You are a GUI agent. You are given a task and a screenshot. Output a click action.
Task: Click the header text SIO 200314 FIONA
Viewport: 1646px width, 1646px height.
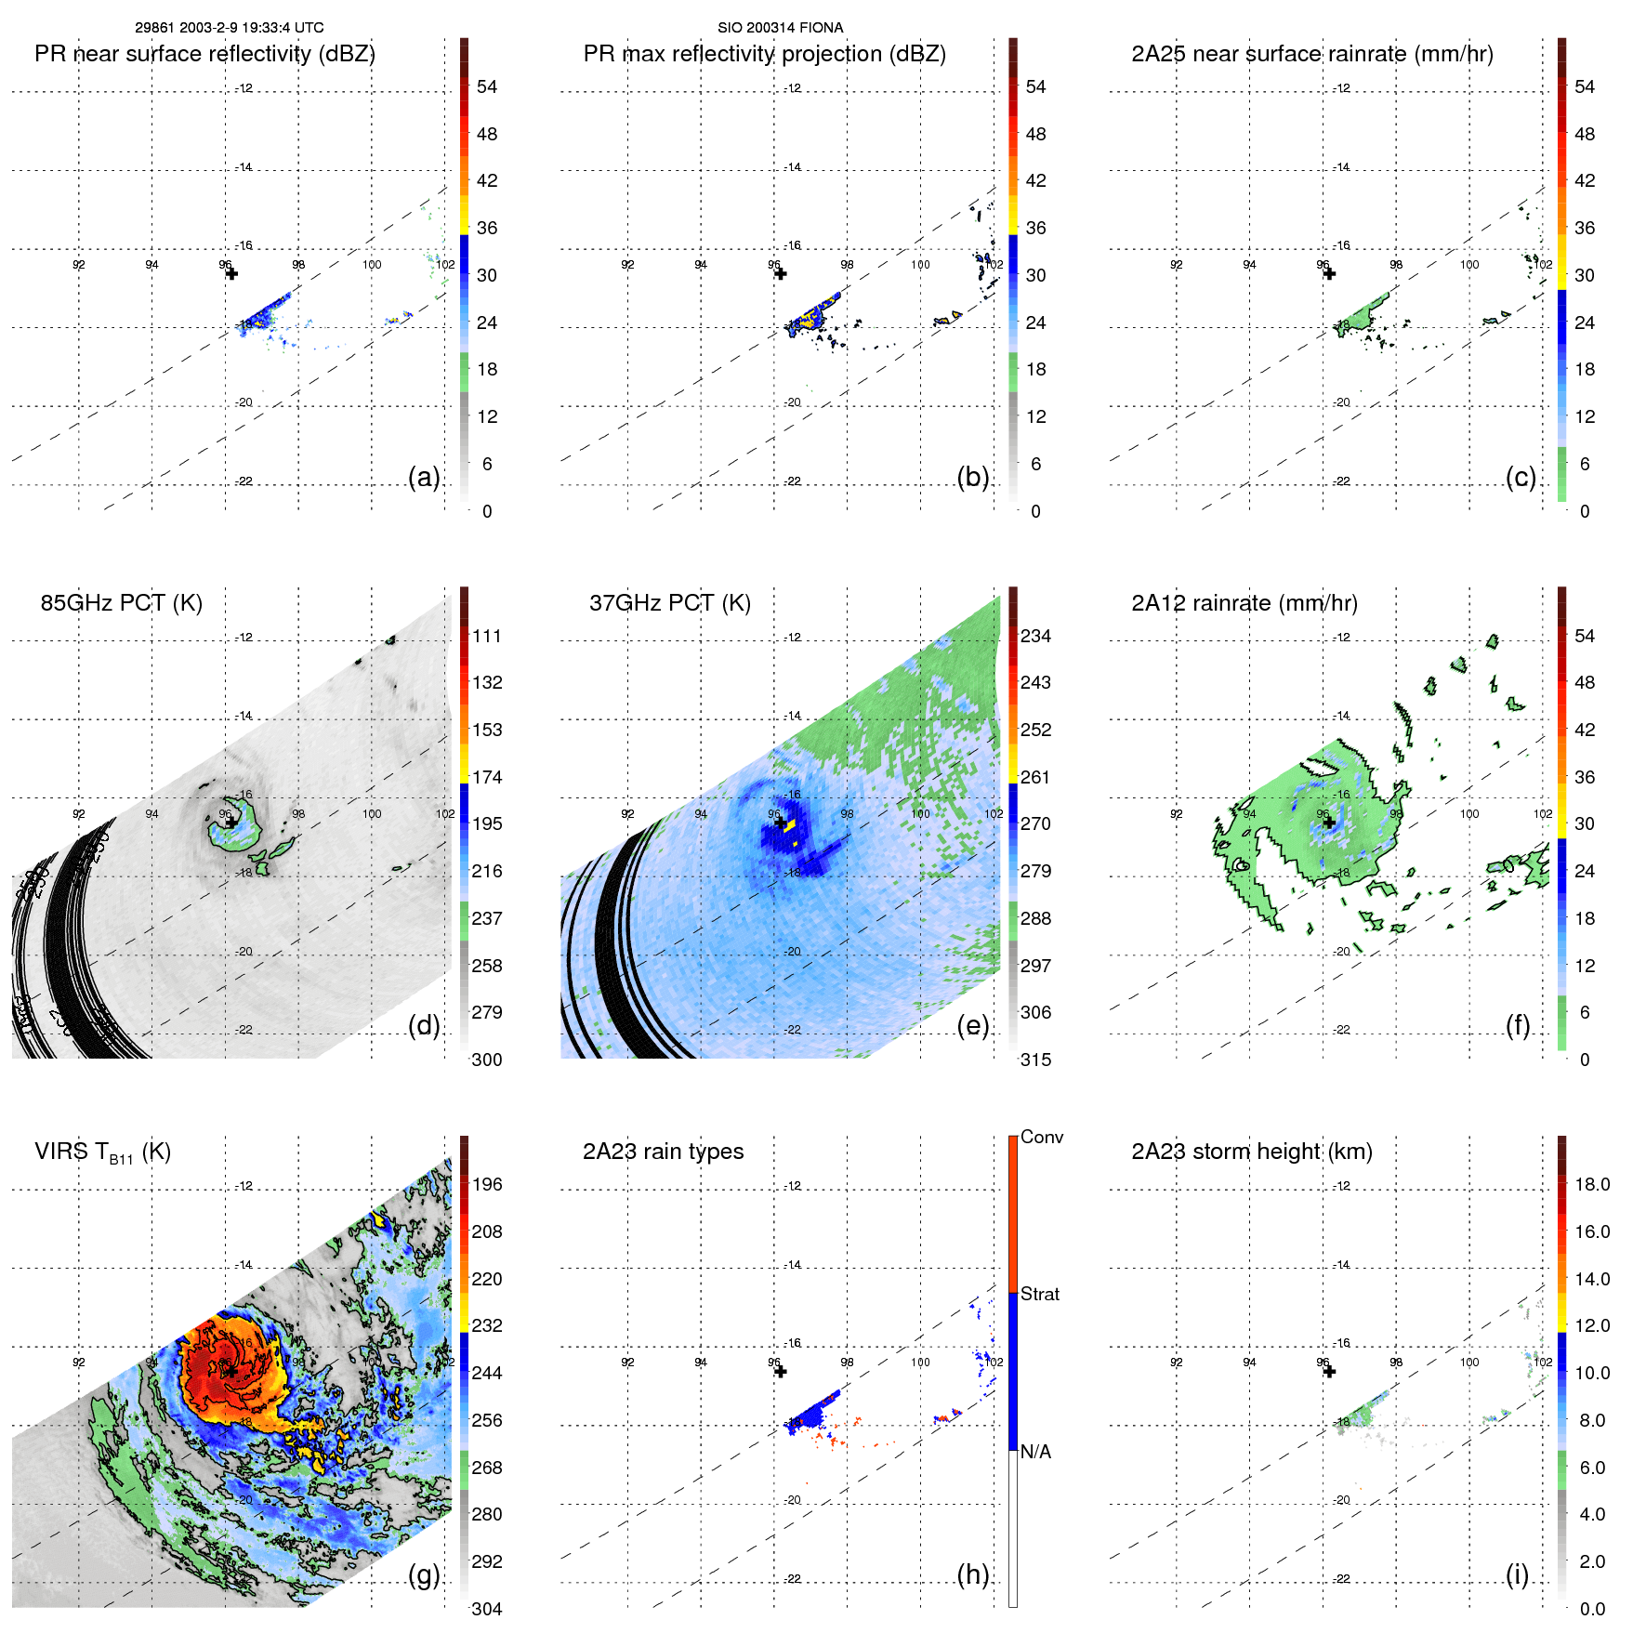click(x=780, y=28)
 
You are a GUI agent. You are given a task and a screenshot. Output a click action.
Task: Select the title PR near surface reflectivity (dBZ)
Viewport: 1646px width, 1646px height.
click(x=204, y=54)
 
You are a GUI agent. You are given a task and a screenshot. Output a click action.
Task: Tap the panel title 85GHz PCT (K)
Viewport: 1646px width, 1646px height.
click(x=121, y=603)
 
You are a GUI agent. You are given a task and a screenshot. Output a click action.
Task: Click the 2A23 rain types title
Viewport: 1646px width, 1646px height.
click(x=663, y=1152)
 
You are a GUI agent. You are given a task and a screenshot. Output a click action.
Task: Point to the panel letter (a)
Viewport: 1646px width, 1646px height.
click(x=424, y=478)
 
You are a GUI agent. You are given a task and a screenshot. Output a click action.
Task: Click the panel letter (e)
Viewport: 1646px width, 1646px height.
click(x=972, y=1025)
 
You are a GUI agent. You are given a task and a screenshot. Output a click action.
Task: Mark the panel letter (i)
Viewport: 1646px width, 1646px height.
click(x=1517, y=1574)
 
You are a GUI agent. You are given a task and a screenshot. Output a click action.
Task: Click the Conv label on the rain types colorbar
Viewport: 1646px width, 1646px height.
click(x=1041, y=1138)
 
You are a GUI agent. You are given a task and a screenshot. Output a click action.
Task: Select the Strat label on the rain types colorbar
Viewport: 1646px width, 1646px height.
click(x=1039, y=1295)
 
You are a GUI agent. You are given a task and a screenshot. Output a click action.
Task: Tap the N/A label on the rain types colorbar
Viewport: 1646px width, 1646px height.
click(x=1035, y=1452)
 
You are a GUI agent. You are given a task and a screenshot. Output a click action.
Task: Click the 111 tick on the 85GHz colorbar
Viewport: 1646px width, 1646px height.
click(x=487, y=637)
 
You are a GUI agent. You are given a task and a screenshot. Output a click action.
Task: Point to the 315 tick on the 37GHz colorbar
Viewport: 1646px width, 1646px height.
click(x=1035, y=1060)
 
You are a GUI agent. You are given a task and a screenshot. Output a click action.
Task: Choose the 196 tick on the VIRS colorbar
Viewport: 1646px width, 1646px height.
click(x=487, y=1185)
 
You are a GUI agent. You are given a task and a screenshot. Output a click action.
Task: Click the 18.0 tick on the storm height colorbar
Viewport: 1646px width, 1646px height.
click(x=1591, y=1185)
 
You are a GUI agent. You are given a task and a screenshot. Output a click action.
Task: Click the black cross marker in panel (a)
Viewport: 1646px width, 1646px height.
click(x=231, y=273)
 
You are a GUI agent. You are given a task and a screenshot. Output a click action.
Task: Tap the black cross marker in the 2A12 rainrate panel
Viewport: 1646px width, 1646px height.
click(x=1329, y=822)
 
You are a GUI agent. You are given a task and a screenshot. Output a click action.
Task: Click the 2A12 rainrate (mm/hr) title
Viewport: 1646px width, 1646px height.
click(x=1244, y=603)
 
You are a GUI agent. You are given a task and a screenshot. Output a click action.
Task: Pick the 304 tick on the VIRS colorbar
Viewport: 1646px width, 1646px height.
click(x=487, y=1609)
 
